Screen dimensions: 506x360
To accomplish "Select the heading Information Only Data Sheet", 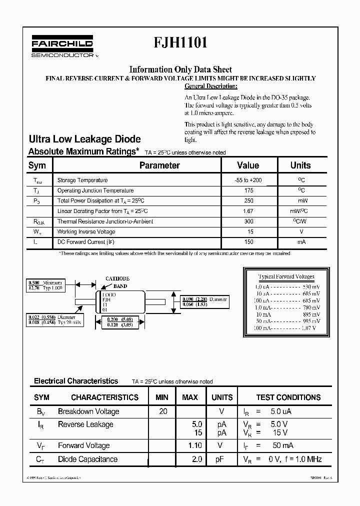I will [x=180, y=69].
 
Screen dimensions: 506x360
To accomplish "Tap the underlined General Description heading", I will [x=208, y=86].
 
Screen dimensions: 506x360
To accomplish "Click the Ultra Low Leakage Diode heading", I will [x=84, y=139].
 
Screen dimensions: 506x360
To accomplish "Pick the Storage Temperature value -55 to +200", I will [x=247, y=180].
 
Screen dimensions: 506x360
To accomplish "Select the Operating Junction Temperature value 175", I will [x=247, y=190].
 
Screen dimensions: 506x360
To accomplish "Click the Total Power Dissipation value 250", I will [x=247, y=200].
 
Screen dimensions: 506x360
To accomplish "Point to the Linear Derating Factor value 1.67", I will [x=247, y=211].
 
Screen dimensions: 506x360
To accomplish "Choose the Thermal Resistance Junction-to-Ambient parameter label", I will [x=105, y=221].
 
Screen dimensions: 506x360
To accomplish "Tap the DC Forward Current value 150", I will [x=247, y=242].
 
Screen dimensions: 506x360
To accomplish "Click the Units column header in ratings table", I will [x=300, y=165].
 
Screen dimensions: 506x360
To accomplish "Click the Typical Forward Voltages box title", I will [x=286, y=276].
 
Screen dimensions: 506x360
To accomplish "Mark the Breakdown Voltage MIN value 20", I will [x=162, y=411].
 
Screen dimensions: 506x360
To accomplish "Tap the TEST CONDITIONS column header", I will [x=288, y=397].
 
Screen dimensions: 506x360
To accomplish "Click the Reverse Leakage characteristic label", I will [x=85, y=424].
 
